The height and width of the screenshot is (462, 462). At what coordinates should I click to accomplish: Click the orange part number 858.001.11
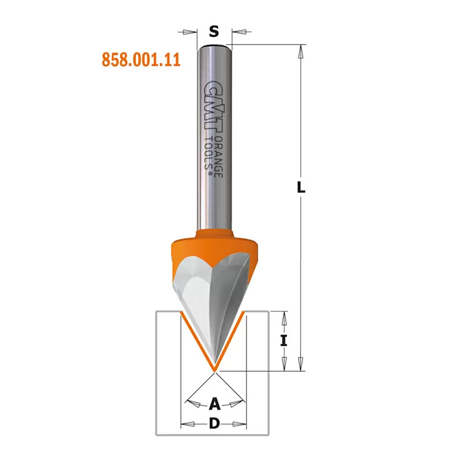click(x=141, y=60)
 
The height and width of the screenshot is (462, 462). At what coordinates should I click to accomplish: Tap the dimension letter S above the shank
click(x=214, y=31)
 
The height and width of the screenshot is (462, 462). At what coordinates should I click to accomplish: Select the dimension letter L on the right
click(x=301, y=187)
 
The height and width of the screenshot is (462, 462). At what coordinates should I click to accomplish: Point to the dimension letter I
click(x=284, y=341)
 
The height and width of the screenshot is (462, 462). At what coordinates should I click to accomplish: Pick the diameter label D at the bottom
click(x=214, y=424)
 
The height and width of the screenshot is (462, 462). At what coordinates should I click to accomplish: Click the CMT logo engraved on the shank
click(x=213, y=106)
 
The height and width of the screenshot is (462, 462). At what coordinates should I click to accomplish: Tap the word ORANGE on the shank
click(x=219, y=157)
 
